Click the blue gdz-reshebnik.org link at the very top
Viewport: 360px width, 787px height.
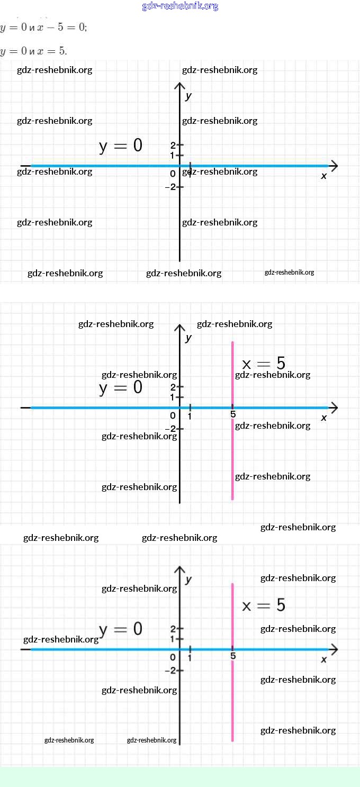[x=180, y=6]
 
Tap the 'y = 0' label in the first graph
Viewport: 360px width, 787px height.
[x=121, y=146]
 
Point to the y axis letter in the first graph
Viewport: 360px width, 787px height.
[x=188, y=96]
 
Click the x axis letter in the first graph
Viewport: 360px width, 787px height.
[x=324, y=176]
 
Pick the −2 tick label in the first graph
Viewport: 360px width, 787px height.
[x=171, y=187]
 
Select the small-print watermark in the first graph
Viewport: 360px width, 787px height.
[x=289, y=273]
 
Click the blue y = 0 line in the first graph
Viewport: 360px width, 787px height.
[x=106, y=166]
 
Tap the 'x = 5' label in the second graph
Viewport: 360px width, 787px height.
[x=264, y=364]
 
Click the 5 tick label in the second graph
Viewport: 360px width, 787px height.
[x=233, y=414]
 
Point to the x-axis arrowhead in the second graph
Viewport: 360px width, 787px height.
[x=334, y=408]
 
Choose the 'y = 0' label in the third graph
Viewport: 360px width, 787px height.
[x=121, y=629]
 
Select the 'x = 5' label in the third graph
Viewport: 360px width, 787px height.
[x=264, y=605]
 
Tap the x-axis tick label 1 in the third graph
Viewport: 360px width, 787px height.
[x=190, y=658]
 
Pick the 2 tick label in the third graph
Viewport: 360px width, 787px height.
[x=173, y=629]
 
